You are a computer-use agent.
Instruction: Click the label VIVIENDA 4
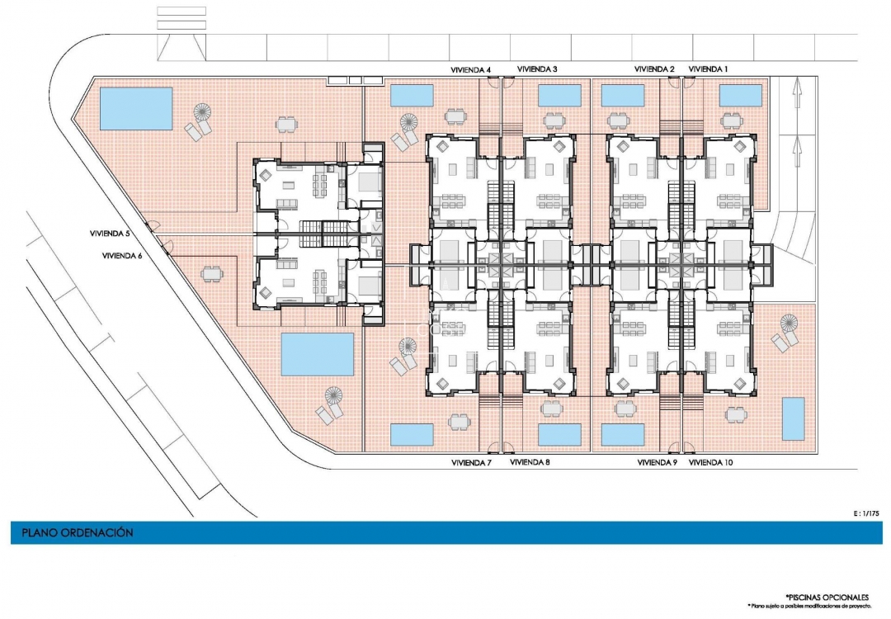[471, 69]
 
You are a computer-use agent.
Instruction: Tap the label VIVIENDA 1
[709, 69]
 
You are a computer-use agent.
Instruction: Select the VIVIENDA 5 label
[111, 234]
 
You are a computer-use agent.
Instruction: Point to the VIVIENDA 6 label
[122, 256]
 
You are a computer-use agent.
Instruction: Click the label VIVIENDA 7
[471, 463]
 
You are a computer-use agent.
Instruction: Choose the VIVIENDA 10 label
[711, 463]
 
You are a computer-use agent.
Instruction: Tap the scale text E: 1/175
[866, 513]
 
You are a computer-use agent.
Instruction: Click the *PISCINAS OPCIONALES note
[827, 596]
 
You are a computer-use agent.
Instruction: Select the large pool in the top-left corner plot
[136, 108]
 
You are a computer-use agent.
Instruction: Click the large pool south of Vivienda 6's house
[318, 353]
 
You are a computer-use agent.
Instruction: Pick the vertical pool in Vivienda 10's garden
[793, 419]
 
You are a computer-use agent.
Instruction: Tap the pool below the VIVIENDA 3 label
[559, 96]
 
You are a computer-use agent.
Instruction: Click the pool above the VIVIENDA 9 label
[623, 434]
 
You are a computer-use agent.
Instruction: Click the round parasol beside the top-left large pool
[203, 111]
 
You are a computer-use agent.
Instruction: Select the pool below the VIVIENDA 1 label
[740, 96]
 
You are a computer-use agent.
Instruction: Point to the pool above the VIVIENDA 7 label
[412, 434]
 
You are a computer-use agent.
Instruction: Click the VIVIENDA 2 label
[655, 69]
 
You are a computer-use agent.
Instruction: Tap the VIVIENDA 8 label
[530, 463]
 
